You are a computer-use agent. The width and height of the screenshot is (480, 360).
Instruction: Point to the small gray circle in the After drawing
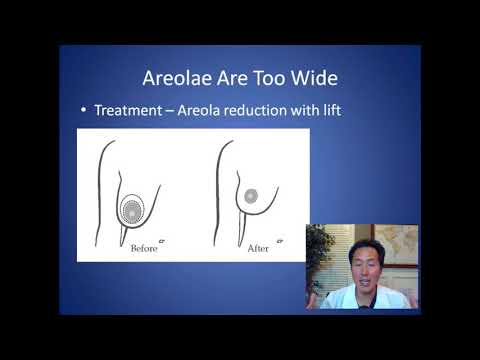click(251, 197)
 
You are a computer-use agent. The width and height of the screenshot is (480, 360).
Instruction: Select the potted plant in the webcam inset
click(319, 254)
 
